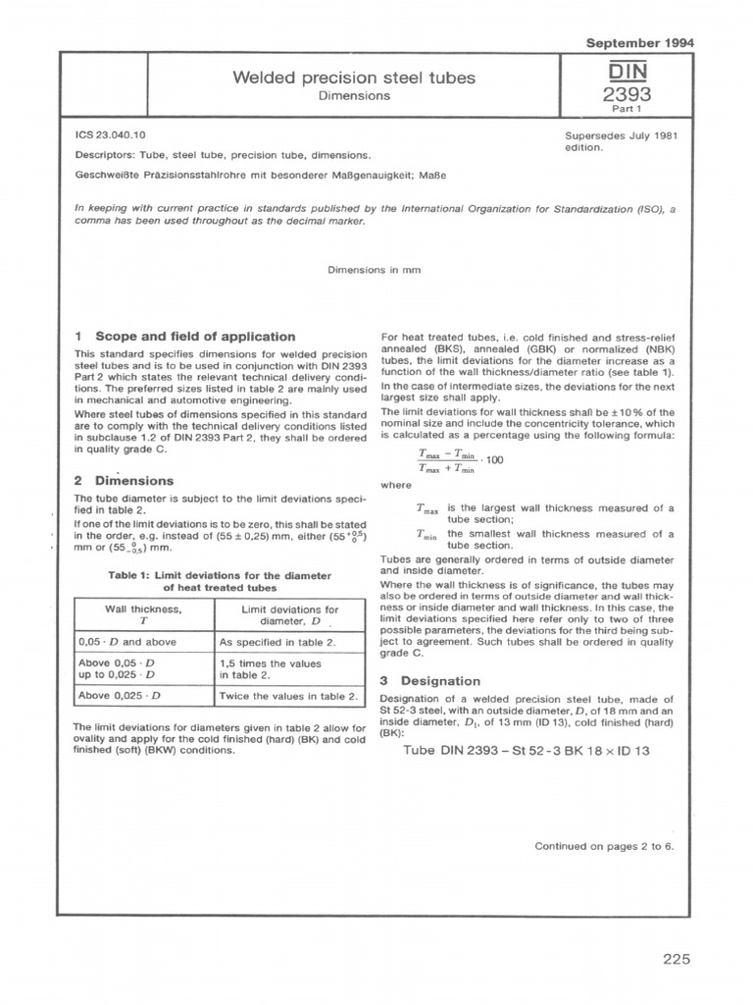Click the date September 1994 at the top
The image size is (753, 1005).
639,43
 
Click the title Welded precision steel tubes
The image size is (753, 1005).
354,78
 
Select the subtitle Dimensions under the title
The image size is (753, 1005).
354,96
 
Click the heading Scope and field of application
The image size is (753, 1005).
185,336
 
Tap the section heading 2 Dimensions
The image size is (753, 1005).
124,481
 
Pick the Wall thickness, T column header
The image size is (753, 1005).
143,614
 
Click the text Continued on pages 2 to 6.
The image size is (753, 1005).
604,845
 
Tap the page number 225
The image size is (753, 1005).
677,959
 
